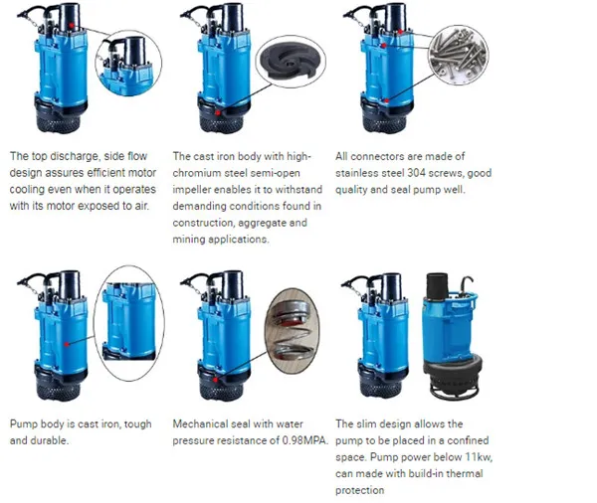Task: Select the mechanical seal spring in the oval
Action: pos(295,324)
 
